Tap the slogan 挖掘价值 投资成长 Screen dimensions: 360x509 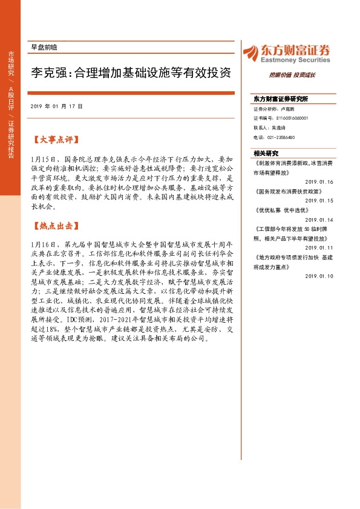pyautogui.click(x=292, y=76)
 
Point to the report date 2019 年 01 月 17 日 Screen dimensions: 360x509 pyautogui.click(x=56, y=106)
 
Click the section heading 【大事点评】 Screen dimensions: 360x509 pyautogui.click(x=55, y=140)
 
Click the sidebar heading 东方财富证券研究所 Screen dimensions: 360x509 pyautogui.click(x=281, y=98)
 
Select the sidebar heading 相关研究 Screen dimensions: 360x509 pyautogui.click(x=266, y=153)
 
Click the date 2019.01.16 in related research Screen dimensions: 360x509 pyautogui.click(x=319, y=181)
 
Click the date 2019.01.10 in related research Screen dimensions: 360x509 pyautogui.click(x=319, y=276)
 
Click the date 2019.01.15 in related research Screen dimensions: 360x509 pyautogui.click(x=319, y=200)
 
